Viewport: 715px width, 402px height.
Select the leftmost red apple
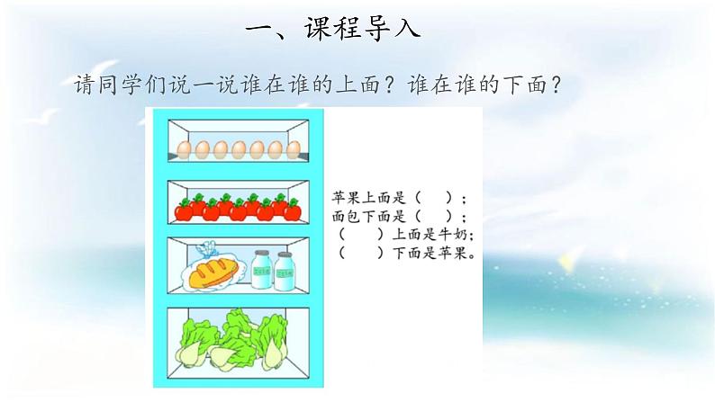[184, 210]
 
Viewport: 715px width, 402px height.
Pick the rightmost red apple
[292, 210]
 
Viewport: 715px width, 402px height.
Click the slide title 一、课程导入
[333, 29]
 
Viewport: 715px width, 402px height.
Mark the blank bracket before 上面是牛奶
[358, 235]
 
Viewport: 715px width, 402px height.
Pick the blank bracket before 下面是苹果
[358, 253]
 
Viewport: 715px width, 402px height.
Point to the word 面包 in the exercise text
[345, 217]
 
